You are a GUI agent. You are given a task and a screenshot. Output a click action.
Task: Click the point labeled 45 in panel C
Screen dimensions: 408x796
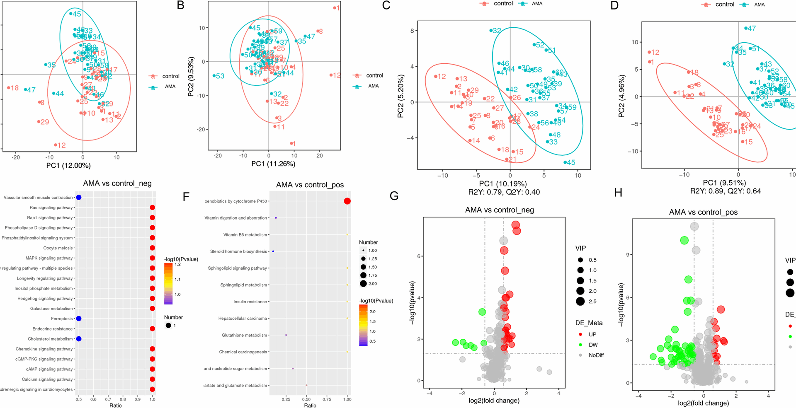click(x=565, y=162)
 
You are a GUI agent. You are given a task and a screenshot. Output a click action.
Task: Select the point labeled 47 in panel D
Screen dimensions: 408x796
click(x=746, y=28)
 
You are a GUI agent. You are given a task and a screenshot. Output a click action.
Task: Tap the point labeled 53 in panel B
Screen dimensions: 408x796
click(x=214, y=76)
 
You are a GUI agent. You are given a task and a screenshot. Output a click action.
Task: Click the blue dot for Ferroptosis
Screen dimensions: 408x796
click(x=79, y=319)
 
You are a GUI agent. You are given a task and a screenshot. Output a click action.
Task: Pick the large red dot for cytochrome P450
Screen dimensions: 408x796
click(x=347, y=201)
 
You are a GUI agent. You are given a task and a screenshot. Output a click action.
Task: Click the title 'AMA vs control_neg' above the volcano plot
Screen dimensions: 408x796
click(x=499, y=210)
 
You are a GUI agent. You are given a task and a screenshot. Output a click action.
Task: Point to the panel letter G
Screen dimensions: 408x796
click(x=394, y=196)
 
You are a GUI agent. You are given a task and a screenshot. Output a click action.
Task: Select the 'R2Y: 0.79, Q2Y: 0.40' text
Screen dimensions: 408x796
click(x=504, y=192)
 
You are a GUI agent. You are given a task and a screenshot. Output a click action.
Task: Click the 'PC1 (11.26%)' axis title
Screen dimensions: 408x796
click(x=273, y=164)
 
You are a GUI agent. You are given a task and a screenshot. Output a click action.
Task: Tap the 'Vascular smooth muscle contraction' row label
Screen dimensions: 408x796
click(x=38, y=198)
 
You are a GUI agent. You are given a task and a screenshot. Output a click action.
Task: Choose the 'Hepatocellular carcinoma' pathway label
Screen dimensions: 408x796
click(x=243, y=319)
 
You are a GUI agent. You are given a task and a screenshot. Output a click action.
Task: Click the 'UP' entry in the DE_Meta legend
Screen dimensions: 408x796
click(x=592, y=334)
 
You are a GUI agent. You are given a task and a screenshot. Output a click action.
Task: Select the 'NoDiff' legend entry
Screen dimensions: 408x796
click(x=596, y=355)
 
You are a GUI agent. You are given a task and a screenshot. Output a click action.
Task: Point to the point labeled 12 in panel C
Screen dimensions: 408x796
click(x=436, y=77)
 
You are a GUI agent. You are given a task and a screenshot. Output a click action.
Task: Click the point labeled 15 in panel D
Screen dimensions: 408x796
click(x=743, y=142)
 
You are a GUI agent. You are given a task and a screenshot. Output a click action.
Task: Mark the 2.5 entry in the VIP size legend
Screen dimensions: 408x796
click(x=592, y=302)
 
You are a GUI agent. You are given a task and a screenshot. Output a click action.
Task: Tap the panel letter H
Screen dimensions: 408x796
click(x=618, y=193)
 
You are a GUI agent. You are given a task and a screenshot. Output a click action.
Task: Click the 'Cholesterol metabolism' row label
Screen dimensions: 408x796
click(x=50, y=339)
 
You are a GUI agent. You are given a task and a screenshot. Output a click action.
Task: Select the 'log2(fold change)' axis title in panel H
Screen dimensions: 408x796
click(x=703, y=403)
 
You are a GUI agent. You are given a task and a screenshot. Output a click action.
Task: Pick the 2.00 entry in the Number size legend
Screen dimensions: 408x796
click(x=372, y=284)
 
